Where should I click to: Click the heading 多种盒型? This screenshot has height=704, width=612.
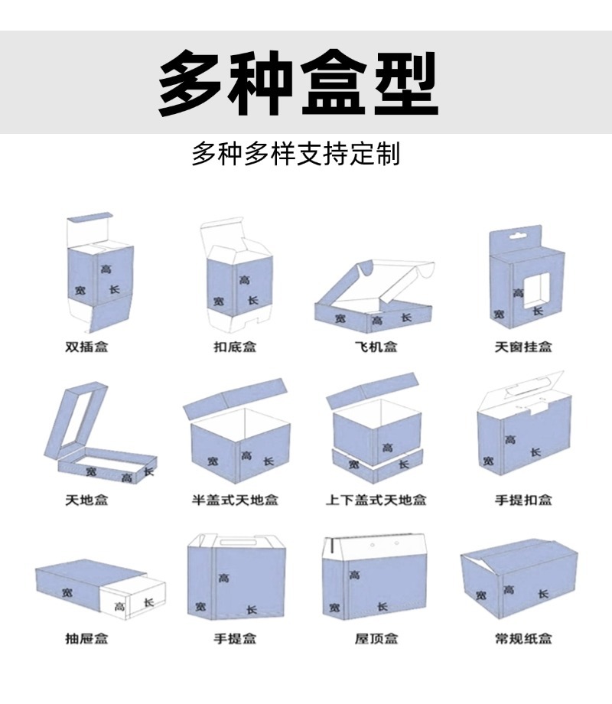point(298,83)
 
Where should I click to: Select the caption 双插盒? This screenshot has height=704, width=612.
point(86,347)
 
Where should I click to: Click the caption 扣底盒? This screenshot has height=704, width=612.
point(234,347)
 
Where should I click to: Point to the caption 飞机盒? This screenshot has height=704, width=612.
point(376,347)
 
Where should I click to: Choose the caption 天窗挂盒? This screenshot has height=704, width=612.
point(522,347)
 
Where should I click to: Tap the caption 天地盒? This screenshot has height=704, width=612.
point(86,500)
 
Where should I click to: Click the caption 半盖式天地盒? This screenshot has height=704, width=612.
point(234,500)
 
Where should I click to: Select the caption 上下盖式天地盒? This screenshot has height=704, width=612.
point(376,500)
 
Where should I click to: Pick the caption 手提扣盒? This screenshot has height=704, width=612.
point(522,500)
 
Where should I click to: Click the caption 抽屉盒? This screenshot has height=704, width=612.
point(86,637)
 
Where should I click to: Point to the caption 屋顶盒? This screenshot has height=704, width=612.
point(376,637)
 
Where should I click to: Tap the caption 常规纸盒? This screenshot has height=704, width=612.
point(522,637)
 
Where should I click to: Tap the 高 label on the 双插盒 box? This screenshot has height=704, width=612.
point(105,269)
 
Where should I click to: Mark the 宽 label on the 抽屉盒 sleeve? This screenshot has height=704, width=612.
point(68,592)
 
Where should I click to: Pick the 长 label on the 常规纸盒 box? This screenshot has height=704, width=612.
point(542,594)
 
